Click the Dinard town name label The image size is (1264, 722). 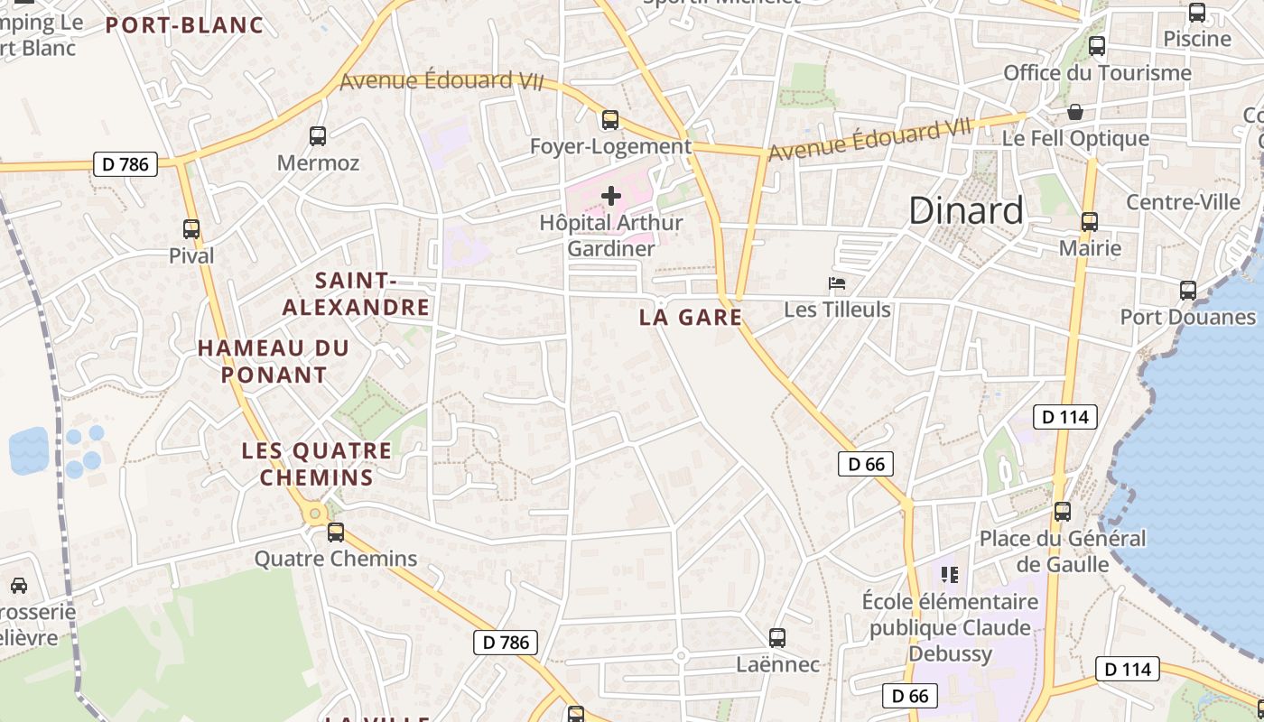pos(965,211)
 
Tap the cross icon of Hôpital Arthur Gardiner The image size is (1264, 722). pos(611,195)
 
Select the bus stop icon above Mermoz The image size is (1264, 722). pos(318,136)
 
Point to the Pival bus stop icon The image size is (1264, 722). pos(191,229)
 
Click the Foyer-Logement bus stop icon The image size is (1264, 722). pos(610,119)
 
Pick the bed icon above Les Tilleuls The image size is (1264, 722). pos(837,283)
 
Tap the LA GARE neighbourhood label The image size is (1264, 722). pos(690,317)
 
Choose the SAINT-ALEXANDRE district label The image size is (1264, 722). pos(356,294)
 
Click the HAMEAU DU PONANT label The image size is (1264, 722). pos(273,361)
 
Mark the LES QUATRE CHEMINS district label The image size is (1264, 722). pos(317,464)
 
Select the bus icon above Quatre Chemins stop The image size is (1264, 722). pos(336,532)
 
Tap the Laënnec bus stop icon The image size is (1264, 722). pos(777,638)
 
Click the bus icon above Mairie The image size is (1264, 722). pos(1090,221)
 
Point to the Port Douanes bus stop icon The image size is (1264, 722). pos(1188,291)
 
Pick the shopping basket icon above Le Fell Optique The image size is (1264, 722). pos(1075,112)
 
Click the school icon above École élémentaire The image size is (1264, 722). pos(949,574)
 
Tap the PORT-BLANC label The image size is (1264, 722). pos(184,25)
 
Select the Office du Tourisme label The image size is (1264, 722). pos(1097,73)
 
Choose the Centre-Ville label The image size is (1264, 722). pos(1183,201)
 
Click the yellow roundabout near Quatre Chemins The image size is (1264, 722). pos(315,515)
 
